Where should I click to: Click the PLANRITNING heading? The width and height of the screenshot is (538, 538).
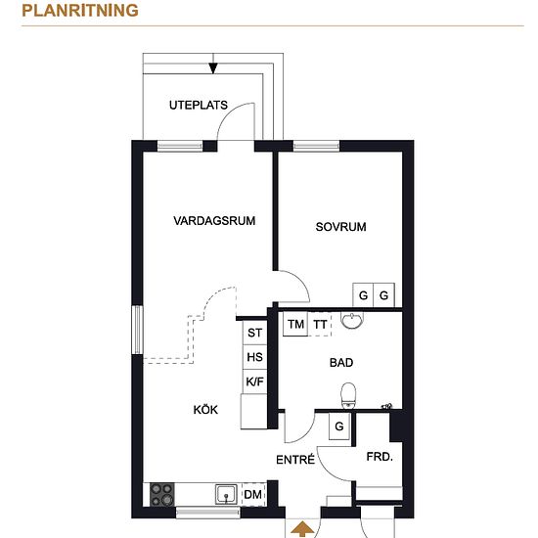[x=80, y=11]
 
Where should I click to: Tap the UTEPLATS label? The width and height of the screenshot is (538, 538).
[x=199, y=105]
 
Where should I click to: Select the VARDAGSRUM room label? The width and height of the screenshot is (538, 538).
[x=214, y=221]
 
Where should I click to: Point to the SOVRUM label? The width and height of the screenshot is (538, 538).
[x=340, y=227]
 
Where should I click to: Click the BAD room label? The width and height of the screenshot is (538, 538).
[x=341, y=363]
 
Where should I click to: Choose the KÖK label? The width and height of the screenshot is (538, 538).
[x=205, y=409]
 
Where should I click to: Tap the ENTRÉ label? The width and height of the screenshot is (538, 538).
[x=295, y=460]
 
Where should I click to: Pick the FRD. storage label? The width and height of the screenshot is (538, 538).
[x=380, y=457]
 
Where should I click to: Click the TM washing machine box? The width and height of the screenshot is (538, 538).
[x=295, y=324]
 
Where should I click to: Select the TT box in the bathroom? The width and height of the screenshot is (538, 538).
[x=320, y=324]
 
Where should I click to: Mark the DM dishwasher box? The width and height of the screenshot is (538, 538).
[x=253, y=494]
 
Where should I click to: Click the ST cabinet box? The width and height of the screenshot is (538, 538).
[x=254, y=333]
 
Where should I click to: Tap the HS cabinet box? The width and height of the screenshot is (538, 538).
[x=254, y=357]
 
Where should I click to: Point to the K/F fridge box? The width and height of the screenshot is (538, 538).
[x=254, y=381]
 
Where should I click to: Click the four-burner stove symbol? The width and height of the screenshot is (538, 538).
[x=162, y=494]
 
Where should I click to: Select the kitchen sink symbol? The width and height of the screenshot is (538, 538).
[x=226, y=494]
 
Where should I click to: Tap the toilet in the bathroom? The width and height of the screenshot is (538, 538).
[x=348, y=395]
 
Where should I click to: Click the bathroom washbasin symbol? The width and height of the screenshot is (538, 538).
[x=352, y=320]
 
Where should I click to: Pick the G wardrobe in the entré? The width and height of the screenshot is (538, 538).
[x=339, y=426]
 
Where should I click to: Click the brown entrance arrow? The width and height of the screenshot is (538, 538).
[x=302, y=529]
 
